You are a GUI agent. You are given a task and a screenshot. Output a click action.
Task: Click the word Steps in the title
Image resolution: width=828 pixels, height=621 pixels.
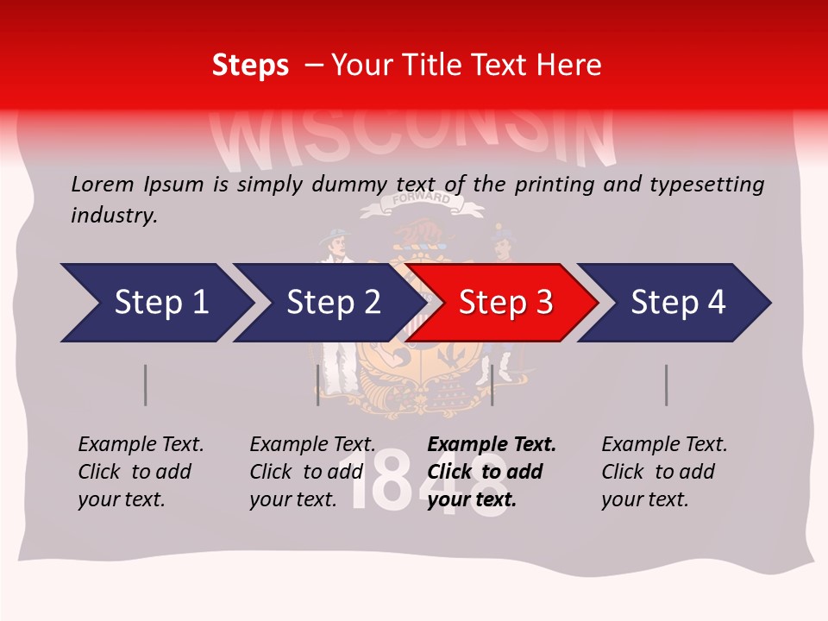tap(250, 65)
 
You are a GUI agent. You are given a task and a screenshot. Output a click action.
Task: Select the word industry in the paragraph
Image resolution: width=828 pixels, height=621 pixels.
tap(113, 215)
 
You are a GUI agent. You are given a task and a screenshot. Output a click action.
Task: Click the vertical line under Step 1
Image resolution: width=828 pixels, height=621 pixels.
tap(146, 385)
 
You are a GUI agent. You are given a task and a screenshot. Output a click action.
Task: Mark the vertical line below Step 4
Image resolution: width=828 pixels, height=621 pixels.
tap(667, 385)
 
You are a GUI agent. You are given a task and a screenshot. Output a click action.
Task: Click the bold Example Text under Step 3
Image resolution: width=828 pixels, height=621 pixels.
tap(492, 445)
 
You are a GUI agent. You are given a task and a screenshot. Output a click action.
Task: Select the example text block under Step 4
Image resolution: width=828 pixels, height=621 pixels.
tap(664, 472)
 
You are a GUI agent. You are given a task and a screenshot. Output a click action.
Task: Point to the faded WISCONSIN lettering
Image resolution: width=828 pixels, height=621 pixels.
tap(414, 138)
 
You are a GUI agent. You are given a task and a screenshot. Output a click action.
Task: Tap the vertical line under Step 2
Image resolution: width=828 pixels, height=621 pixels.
tap(318, 385)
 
